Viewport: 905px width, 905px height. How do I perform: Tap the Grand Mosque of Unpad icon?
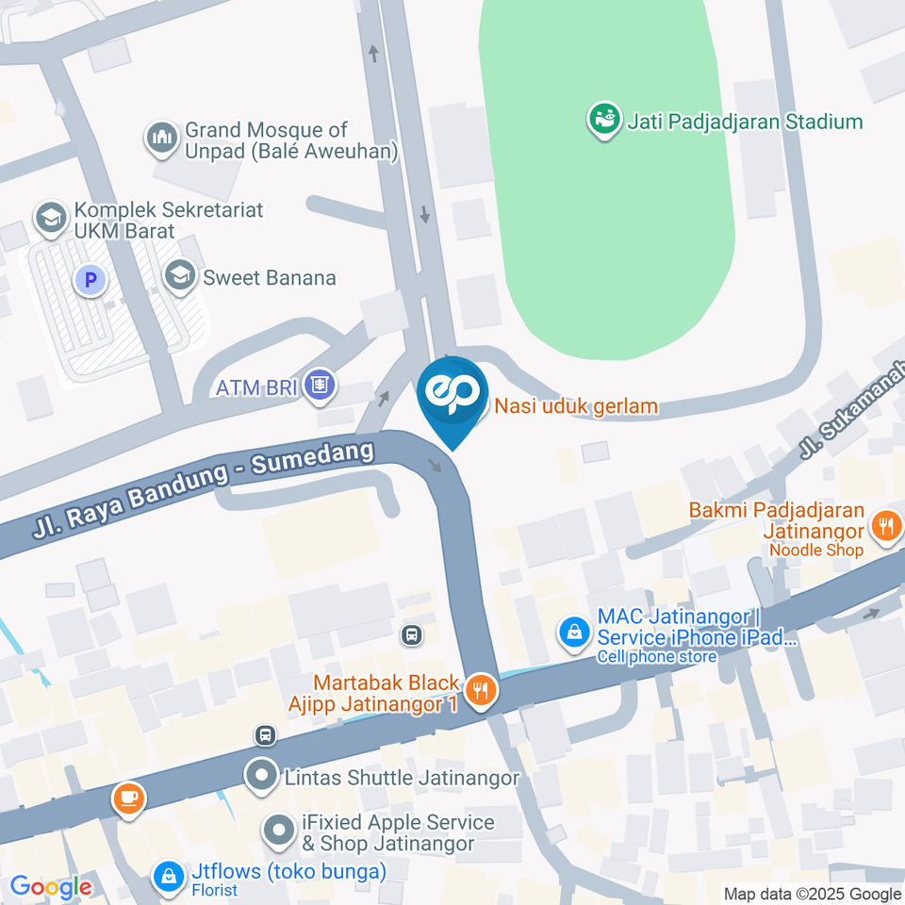coord(162,140)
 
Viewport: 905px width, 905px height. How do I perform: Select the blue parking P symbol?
coord(90,279)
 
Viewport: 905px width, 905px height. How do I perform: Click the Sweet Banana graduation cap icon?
coord(177,277)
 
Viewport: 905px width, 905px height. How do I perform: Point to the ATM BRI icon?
coord(321,387)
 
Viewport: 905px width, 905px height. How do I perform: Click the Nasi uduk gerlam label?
coord(576,406)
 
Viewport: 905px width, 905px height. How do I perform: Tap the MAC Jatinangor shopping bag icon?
coord(573,633)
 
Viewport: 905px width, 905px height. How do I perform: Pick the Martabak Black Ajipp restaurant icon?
coord(482,689)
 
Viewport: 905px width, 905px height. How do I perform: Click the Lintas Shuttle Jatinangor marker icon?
coord(262,777)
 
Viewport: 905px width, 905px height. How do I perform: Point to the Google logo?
coord(51,887)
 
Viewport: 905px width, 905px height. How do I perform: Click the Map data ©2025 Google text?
coord(812,894)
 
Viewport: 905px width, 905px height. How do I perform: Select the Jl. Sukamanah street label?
coord(848,412)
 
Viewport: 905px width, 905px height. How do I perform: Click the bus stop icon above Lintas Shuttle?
coord(266,734)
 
